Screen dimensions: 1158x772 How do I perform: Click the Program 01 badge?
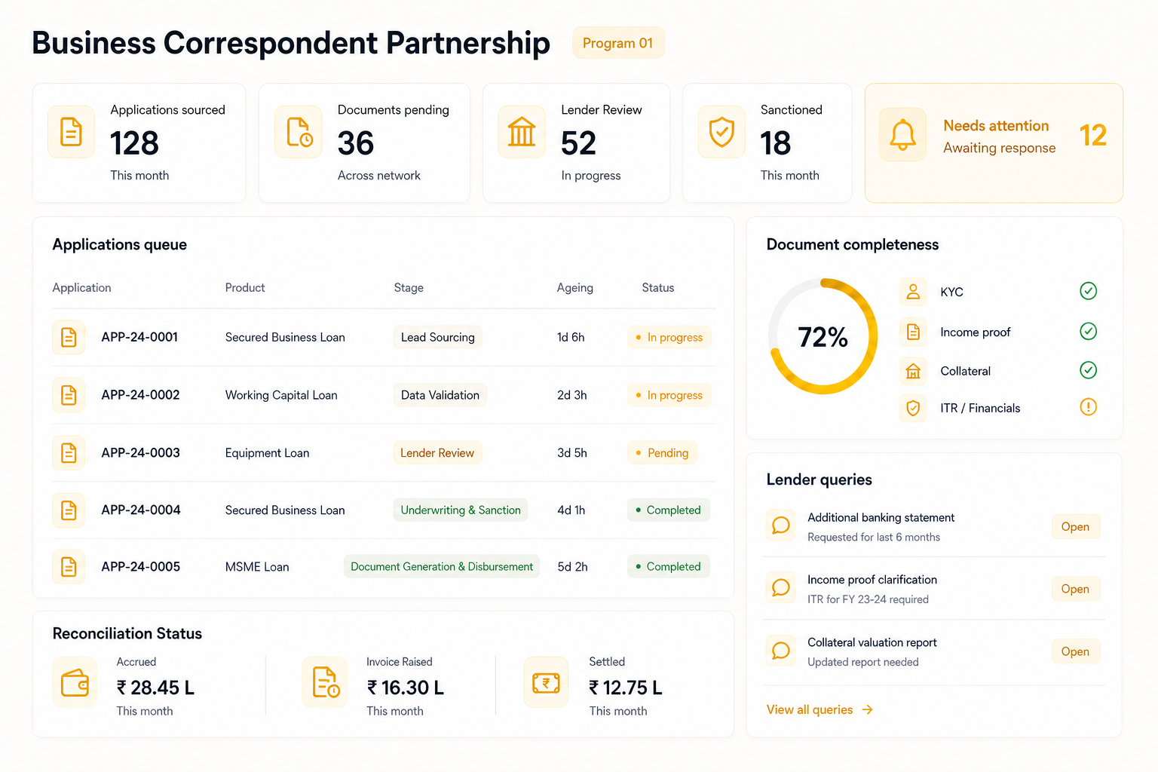click(x=617, y=43)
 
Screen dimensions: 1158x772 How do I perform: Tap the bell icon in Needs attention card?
click(x=902, y=134)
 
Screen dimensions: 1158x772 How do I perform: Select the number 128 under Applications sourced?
click(x=134, y=142)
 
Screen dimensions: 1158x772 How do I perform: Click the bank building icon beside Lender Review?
click(x=521, y=131)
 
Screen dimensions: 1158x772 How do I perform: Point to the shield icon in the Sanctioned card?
click(x=721, y=132)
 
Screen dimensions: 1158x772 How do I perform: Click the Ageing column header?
click(x=575, y=287)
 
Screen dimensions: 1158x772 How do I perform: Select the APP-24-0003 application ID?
click(x=141, y=452)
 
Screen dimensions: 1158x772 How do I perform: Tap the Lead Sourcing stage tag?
click(x=438, y=337)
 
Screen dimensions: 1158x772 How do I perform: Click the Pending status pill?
click(x=662, y=453)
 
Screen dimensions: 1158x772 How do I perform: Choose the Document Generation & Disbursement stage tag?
click(x=442, y=567)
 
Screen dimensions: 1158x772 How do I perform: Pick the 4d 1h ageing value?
click(x=571, y=510)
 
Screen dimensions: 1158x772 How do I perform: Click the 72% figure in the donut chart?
click(x=823, y=337)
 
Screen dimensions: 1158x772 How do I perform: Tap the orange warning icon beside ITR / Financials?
click(x=1088, y=407)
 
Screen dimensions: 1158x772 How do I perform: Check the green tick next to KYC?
click(x=1088, y=291)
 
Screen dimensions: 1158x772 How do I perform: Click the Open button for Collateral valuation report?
click(x=1075, y=651)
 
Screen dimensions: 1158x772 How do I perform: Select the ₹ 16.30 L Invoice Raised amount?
click(x=406, y=688)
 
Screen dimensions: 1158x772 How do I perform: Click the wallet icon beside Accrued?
click(x=75, y=682)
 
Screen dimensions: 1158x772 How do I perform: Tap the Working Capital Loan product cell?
click(x=281, y=395)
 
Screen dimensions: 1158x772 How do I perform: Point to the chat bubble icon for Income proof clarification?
click(x=780, y=588)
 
